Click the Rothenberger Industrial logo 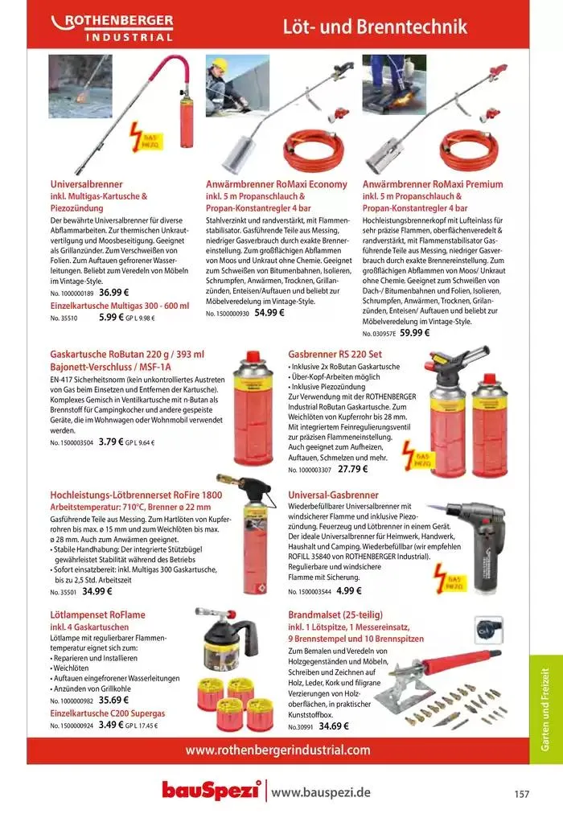[112, 27]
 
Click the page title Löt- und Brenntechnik [374, 27]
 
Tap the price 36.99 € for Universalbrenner [114, 293]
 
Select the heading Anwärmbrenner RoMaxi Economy [277, 184]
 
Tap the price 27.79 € [352, 469]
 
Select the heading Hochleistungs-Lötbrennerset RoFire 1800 [136, 495]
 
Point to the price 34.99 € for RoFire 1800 [97, 591]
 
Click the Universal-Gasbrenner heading [333, 495]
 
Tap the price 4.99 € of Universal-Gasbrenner [349, 590]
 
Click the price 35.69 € [114, 701]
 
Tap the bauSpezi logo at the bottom [212, 791]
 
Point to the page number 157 [522, 794]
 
